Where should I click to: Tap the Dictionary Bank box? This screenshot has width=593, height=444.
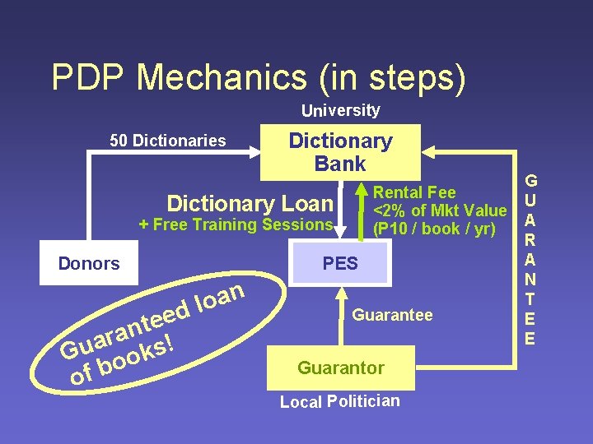pos(340,152)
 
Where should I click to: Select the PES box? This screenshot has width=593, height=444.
pos(340,263)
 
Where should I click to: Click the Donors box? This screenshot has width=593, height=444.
pos(89,263)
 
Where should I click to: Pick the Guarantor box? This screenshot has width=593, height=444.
pos(340,368)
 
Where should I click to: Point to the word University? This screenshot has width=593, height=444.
pos(340,110)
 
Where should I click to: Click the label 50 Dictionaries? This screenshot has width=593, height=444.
pos(168,141)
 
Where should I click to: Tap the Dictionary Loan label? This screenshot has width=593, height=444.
pos(250,203)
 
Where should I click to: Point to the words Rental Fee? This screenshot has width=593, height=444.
pos(414,192)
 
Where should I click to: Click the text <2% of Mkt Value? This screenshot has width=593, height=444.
pos(441,210)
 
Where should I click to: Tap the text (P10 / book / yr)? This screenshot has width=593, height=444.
pos(434,229)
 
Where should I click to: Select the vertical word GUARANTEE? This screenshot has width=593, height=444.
pos(531,258)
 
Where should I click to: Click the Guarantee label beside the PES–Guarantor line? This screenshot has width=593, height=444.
pos(392,315)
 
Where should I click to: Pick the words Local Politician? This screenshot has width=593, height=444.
pos(340,401)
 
